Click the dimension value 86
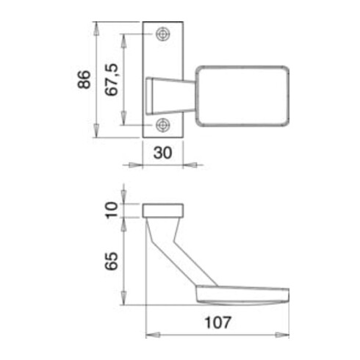coord(84,79)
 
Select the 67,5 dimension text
coord(112,80)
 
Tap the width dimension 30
coord(162,153)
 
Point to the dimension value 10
coord(112,210)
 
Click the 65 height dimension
coord(112,261)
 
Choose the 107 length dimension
coord(217,323)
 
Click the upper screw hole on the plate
coord(163,35)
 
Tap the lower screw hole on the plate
coord(163,125)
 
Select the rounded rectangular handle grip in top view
coord(242,96)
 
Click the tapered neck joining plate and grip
coord(170,96)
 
